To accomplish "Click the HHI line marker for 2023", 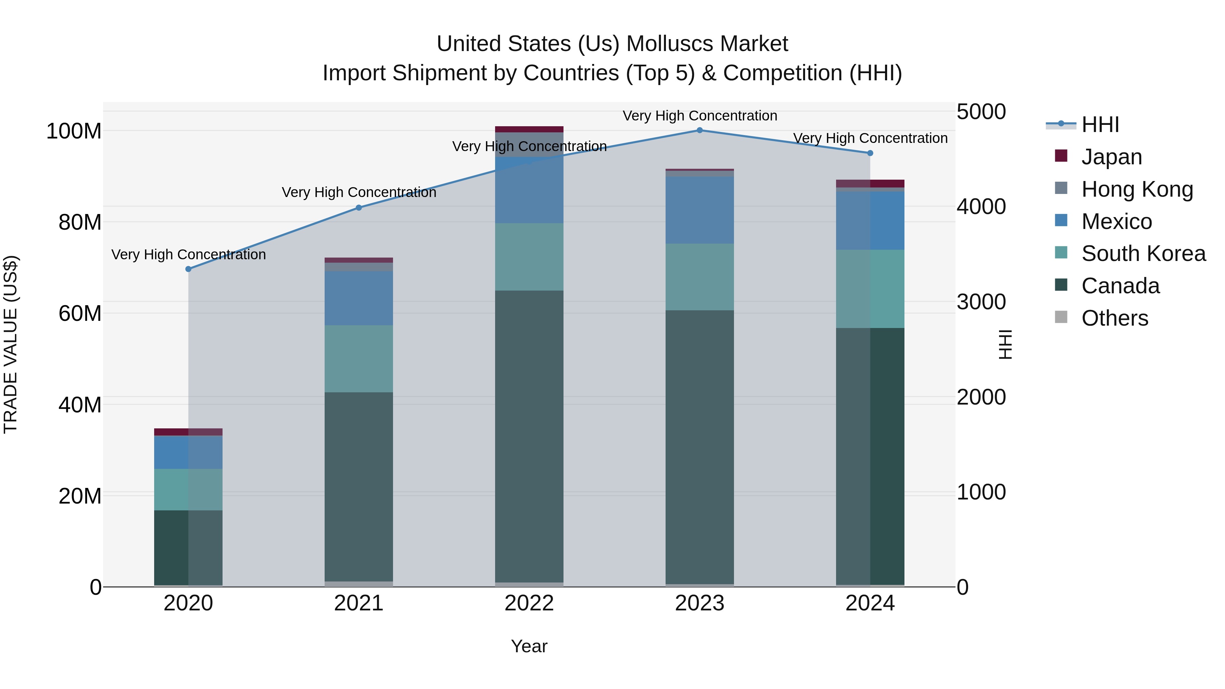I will (700, 130).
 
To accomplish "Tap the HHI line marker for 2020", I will (188, 269).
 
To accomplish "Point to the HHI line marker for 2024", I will (870, 153).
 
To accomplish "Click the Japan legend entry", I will (1111, 157).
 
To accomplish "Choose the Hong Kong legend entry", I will (1137, 189).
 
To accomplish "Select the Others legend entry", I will (1114, 318).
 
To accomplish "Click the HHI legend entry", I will (1099, 125).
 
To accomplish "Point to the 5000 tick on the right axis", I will (981, 112).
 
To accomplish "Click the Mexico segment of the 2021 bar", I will (359, 298).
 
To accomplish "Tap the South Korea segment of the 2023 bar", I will (700, 277).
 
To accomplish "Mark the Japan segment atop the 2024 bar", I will (870, 183).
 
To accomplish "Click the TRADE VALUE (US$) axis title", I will (11, 344).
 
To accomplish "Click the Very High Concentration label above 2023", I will (700, 116).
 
